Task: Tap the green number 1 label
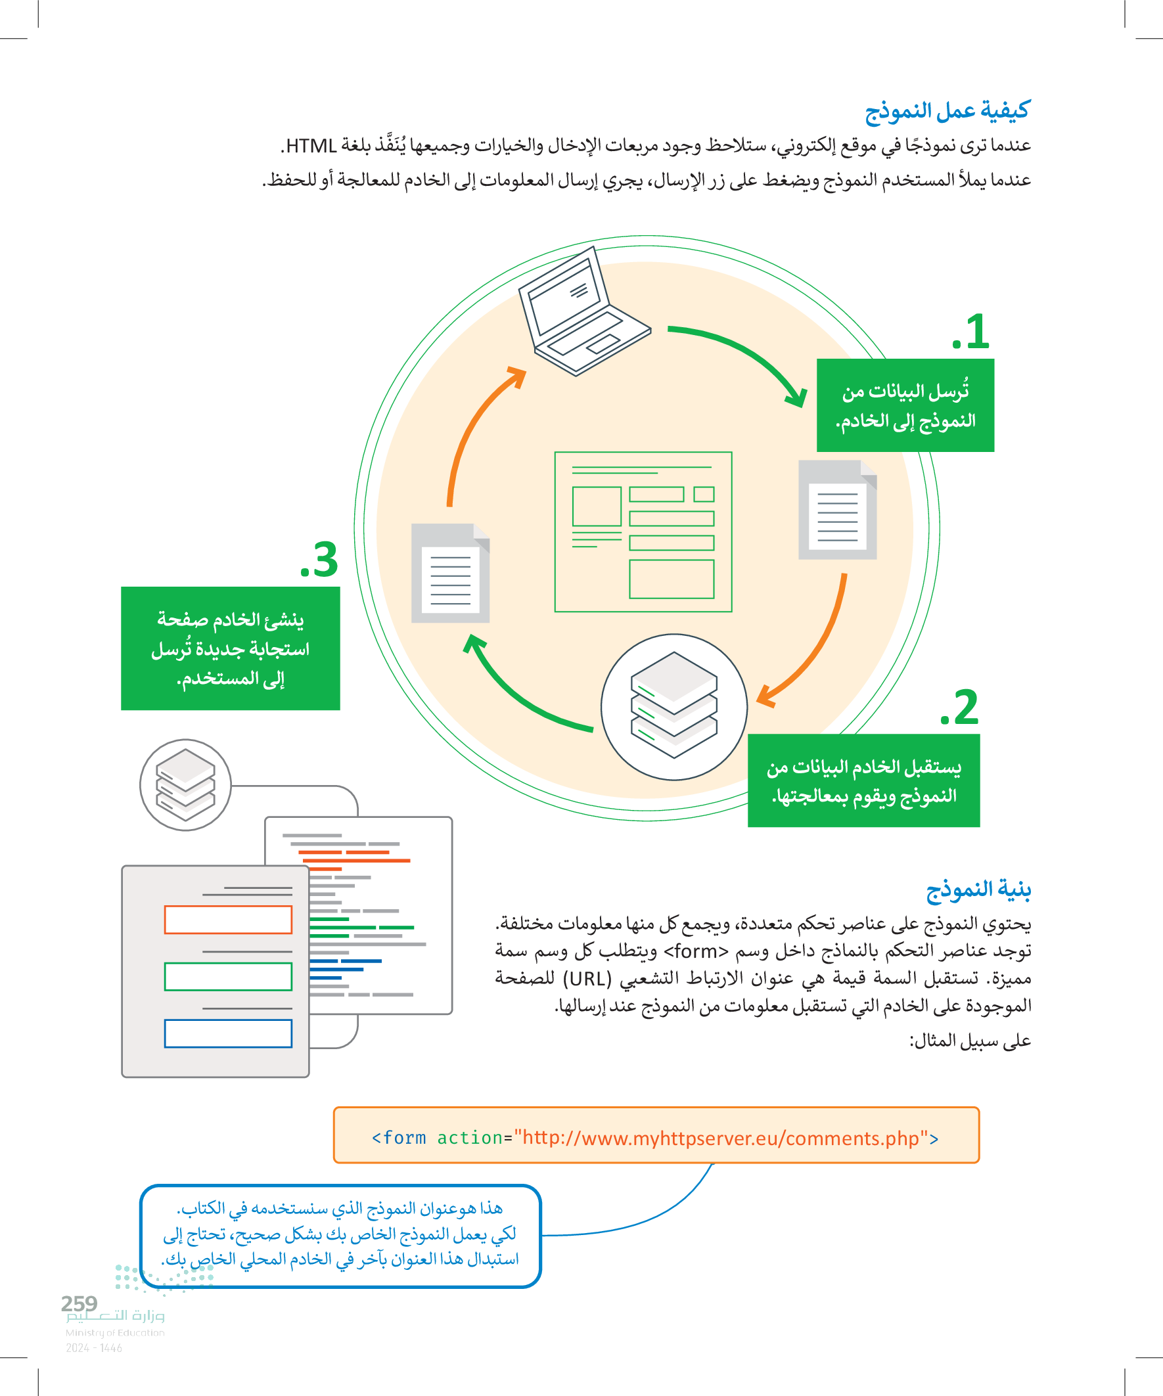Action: [972, 332]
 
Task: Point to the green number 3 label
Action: [319, 560]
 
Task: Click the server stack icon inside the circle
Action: [673, 706]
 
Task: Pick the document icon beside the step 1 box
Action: [837, 509]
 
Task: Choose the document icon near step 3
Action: [450, 573]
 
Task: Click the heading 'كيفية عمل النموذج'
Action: [947, 110]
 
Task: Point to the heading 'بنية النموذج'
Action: [978, 889]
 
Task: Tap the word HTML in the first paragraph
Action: [311, 146]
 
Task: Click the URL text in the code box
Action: [720, 1138]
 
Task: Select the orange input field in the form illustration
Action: [228, 919]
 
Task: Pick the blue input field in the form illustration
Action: [228, 1033]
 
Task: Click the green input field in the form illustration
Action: [228, 976]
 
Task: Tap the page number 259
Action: [79, 1303]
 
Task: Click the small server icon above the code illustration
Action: [185, 784]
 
